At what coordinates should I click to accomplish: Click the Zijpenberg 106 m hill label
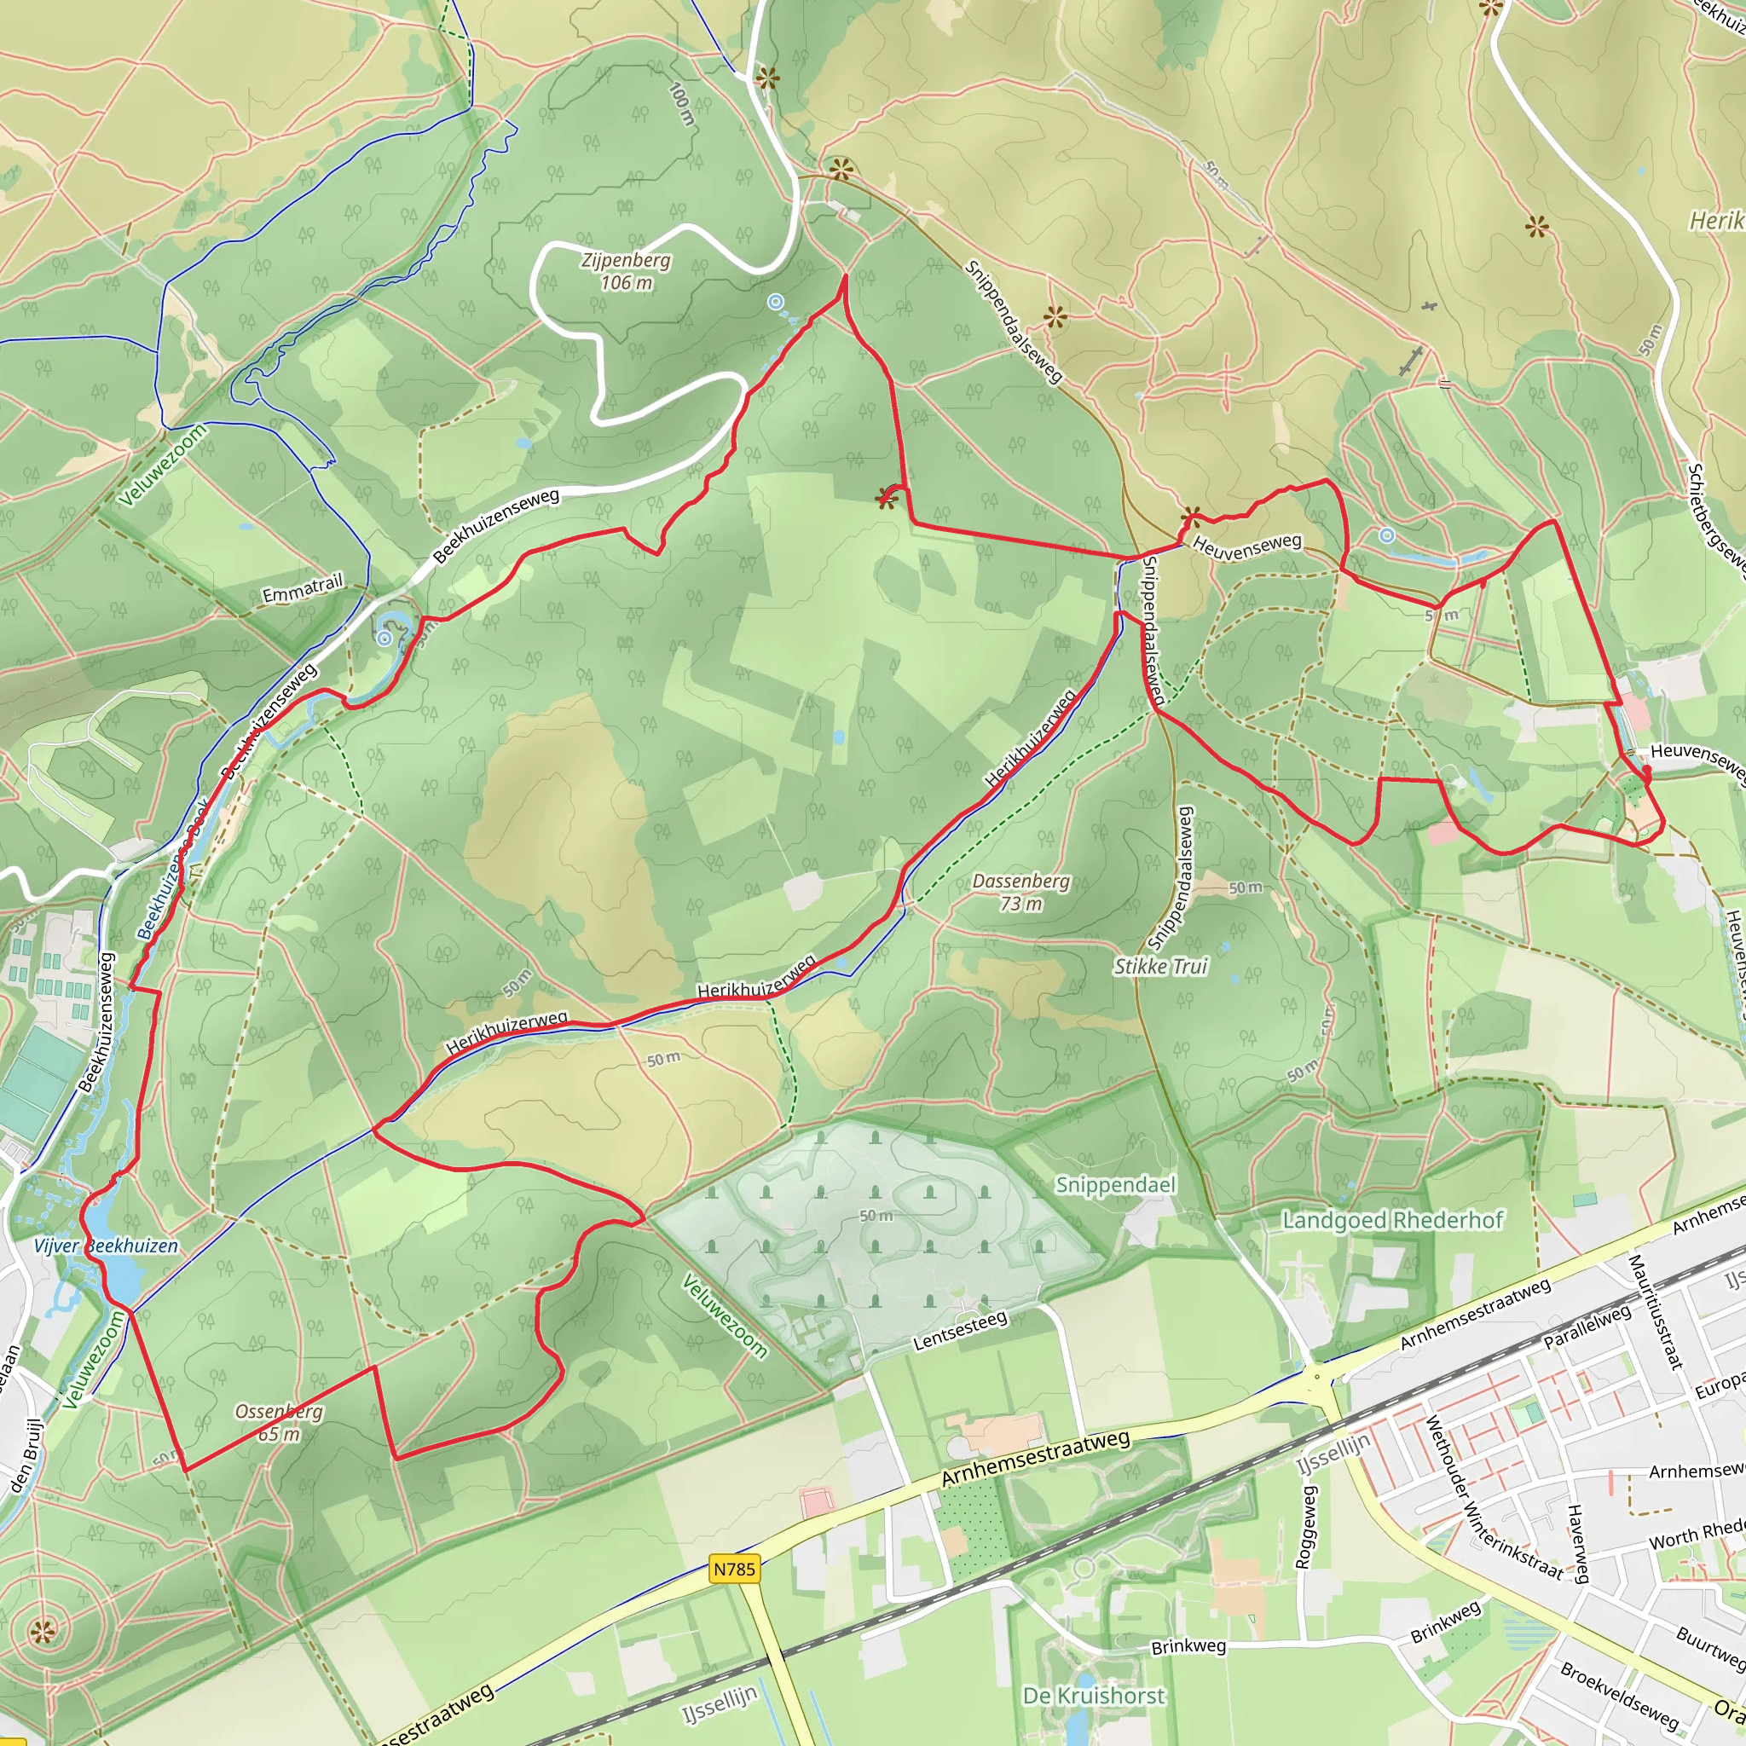[x=627, y=271]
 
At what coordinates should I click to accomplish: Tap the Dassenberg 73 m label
[x=1020, y=892]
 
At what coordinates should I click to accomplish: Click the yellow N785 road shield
[x=734, y=1569]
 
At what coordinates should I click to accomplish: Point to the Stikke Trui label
[x=1160, y=967]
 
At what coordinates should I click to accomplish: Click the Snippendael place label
[x=1115, y=1185]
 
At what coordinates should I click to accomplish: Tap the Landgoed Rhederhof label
[x=1393, y=1220]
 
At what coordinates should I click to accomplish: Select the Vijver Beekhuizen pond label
[x=106, y=1246]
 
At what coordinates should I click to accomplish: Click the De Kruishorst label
[x=1094, y=1696]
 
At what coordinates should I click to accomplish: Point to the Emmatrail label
[x=303, y=588]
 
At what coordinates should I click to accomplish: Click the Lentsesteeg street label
[x=960, y=1331]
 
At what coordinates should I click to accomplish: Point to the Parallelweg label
[x=1586, y=1327]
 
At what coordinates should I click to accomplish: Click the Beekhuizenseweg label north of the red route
[x=496, y=525]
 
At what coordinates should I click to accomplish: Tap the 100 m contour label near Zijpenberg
[x=682, y=104]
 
